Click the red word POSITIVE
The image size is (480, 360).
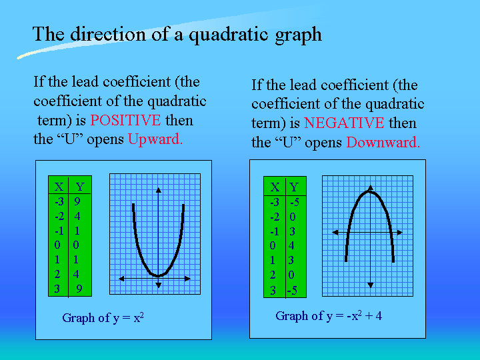125,120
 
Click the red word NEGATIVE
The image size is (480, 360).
344,123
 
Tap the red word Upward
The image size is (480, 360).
155,139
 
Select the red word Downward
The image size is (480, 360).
383,143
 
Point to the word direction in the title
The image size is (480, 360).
109,33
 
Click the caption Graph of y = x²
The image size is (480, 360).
103,317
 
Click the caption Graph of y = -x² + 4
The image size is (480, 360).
329,315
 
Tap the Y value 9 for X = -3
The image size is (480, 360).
77,201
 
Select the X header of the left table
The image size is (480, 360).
59,187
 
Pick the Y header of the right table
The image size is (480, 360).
294,187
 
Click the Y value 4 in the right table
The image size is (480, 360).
291,245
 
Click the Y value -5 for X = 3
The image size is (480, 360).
292,290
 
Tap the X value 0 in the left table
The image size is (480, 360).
57,245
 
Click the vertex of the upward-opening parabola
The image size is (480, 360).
158,276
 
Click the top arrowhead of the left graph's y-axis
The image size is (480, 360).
158,190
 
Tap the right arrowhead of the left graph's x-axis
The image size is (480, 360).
187,279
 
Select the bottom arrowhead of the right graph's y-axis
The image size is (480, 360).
371,285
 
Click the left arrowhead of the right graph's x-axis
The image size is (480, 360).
335,233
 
